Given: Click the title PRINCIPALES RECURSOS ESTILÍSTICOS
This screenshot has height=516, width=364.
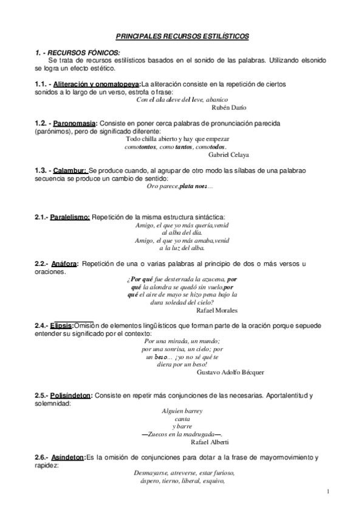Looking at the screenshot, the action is click(x=182, y=37).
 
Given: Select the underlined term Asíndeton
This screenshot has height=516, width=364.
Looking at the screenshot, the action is click(x=68, y=457).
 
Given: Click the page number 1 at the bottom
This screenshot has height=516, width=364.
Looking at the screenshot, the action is click(x=328, y=490).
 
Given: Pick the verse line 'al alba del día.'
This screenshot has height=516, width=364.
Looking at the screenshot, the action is click(x=182, y=232).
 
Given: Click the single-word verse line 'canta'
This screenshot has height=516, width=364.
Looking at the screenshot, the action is click(x=182, y=419).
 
